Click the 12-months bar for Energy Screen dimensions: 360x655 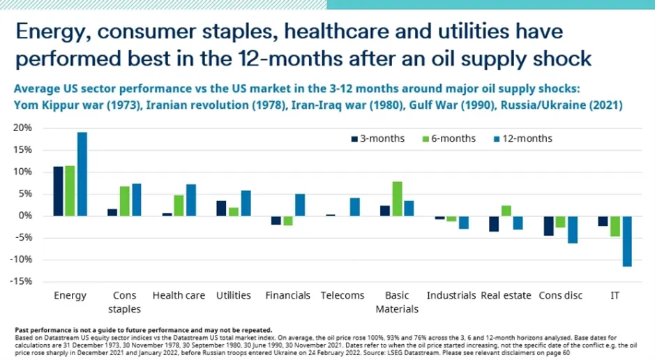82,174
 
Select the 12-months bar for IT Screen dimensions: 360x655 626,241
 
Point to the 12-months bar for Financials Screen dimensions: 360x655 299,205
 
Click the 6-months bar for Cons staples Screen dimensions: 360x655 125,201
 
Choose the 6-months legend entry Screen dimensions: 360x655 446,138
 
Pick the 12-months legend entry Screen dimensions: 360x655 520,138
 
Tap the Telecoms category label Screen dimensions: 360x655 342,296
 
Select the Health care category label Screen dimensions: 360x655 179,296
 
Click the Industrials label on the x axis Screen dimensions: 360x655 451,296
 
